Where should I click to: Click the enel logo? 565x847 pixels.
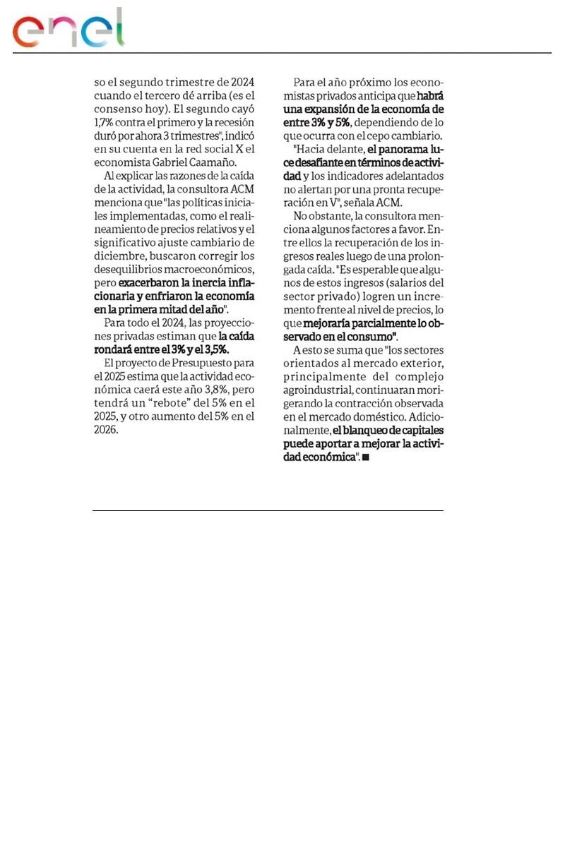pos(69,30)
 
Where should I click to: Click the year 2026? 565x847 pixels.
pos(106,429)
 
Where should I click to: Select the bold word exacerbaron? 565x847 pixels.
pos(148,283)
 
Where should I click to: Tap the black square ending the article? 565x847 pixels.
pos(365,458)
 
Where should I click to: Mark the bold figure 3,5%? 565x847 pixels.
pos(222,349)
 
